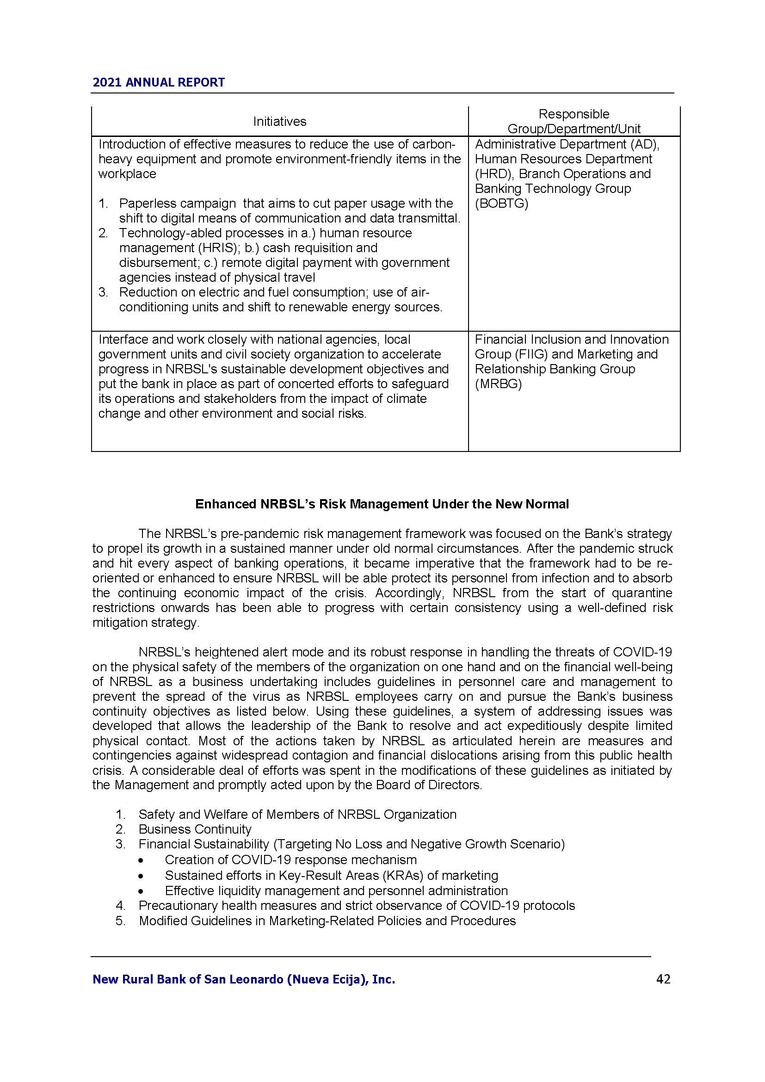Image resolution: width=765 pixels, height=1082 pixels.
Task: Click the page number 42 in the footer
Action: [x=663, y=979]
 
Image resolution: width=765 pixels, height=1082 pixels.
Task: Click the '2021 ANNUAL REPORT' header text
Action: [x=159, y=82]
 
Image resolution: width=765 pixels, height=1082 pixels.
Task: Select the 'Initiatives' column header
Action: [x=279, y=122]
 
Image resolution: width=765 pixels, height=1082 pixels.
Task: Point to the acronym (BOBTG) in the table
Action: [x=502, y=204]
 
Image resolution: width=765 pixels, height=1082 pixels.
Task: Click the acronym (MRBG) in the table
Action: [x=499, y=384]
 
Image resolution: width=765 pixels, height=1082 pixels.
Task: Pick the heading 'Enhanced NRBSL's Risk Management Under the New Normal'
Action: [x=382, y=504]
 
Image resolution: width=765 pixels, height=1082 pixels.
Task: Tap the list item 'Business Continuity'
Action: [x=195, y=829]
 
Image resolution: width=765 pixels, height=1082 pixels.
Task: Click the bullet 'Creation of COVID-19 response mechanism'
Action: [x=290, y=859]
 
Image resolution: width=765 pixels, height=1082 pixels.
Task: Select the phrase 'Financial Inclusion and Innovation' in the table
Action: [x=571, y=339]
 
